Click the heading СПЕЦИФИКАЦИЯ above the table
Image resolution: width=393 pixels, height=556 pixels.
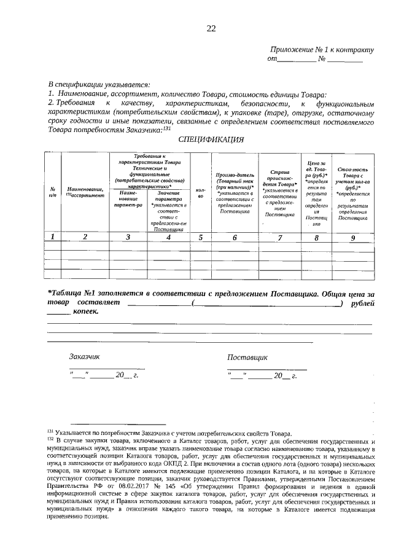(x=211, y=139)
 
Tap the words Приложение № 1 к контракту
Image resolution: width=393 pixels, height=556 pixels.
(x=321, y=50)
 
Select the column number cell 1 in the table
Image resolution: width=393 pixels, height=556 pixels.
(x=53, y=237)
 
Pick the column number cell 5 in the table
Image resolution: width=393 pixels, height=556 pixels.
(x=200, y=237)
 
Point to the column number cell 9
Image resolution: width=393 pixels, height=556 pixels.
(x=352, y=237)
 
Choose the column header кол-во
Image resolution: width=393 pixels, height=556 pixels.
(x=200, y=193)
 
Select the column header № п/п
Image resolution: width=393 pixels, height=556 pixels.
(x=53, y=192)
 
